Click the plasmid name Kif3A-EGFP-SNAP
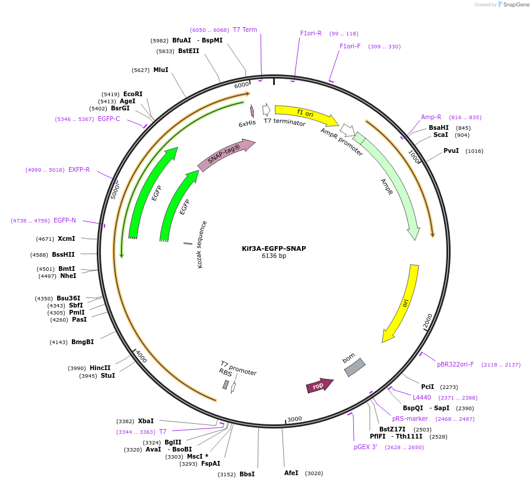[274, 248]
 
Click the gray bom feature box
[354, 367]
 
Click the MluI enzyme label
[160, 70]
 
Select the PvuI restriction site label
[451, 151]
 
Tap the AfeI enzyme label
[291, 473]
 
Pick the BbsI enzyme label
[247, 474]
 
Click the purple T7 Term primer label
[245, 30]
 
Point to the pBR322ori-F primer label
[455, 364]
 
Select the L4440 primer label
[422, 397]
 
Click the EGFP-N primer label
[65, 220]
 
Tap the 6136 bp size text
[274, 256]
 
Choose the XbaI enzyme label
[146, 421]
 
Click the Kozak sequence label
[202, 244]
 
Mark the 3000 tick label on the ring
[294, 419]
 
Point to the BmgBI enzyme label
[83, 342]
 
